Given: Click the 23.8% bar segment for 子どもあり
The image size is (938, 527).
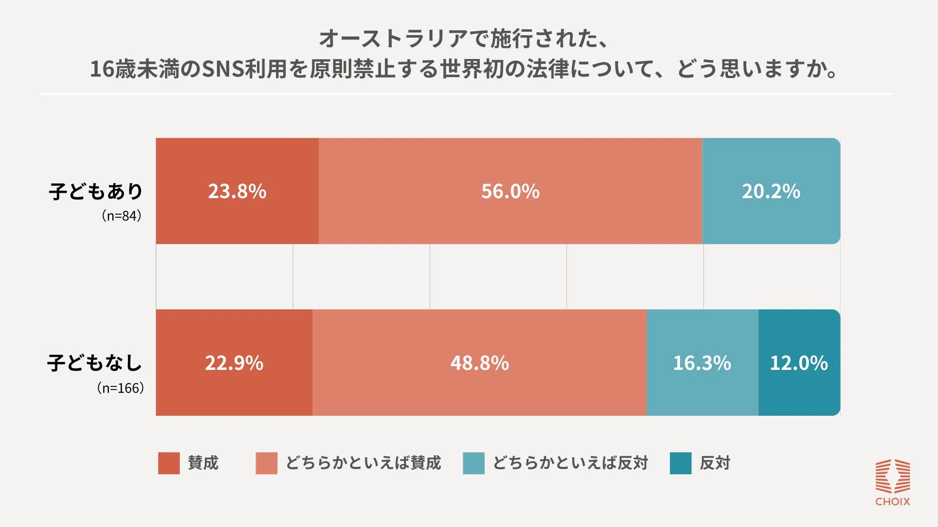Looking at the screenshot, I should click(x=237, y=191).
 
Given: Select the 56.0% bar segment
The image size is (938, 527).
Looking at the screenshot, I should click(x=510, y=191).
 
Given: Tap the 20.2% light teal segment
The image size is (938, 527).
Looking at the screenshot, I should click(x=771, y=191).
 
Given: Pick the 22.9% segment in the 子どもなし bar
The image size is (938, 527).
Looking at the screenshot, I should click(x=234, y=363).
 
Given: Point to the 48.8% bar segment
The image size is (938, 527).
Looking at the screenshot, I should click(x=479, y=363).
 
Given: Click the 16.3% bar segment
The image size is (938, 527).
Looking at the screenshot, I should click(x=702, y=363).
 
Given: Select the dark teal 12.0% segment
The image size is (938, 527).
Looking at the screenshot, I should click(x=799, y=363).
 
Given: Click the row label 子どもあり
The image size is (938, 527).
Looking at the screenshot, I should click(x=96, y=191).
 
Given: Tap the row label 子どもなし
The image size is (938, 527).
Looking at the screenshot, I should click(x=95, y=363).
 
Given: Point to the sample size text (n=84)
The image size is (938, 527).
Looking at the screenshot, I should click(x=121, y=216).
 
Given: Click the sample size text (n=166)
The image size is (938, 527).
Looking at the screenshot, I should click(x=120, y=388).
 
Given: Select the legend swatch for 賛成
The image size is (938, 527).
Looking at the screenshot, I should click(x=169, y=463).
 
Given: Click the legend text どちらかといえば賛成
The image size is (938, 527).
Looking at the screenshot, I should click(x=363, y=463).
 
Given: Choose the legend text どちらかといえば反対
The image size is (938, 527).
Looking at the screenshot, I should click(x=570, y=463).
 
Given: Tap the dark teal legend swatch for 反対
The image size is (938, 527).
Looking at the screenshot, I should click(x=681, y=463).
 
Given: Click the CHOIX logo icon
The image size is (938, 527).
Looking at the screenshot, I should click(x=892, y=476).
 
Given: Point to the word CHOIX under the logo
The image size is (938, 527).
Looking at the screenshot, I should click(x=892, y=502).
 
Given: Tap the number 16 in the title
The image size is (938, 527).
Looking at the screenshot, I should click(x=102, y=69).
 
